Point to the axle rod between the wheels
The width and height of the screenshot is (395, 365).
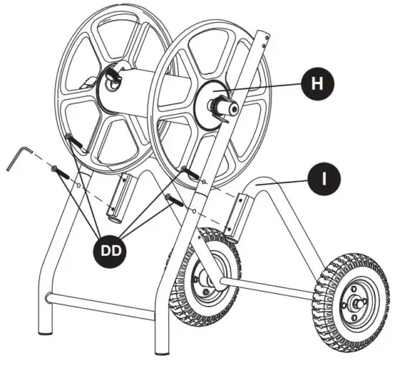tap(273, 284)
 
